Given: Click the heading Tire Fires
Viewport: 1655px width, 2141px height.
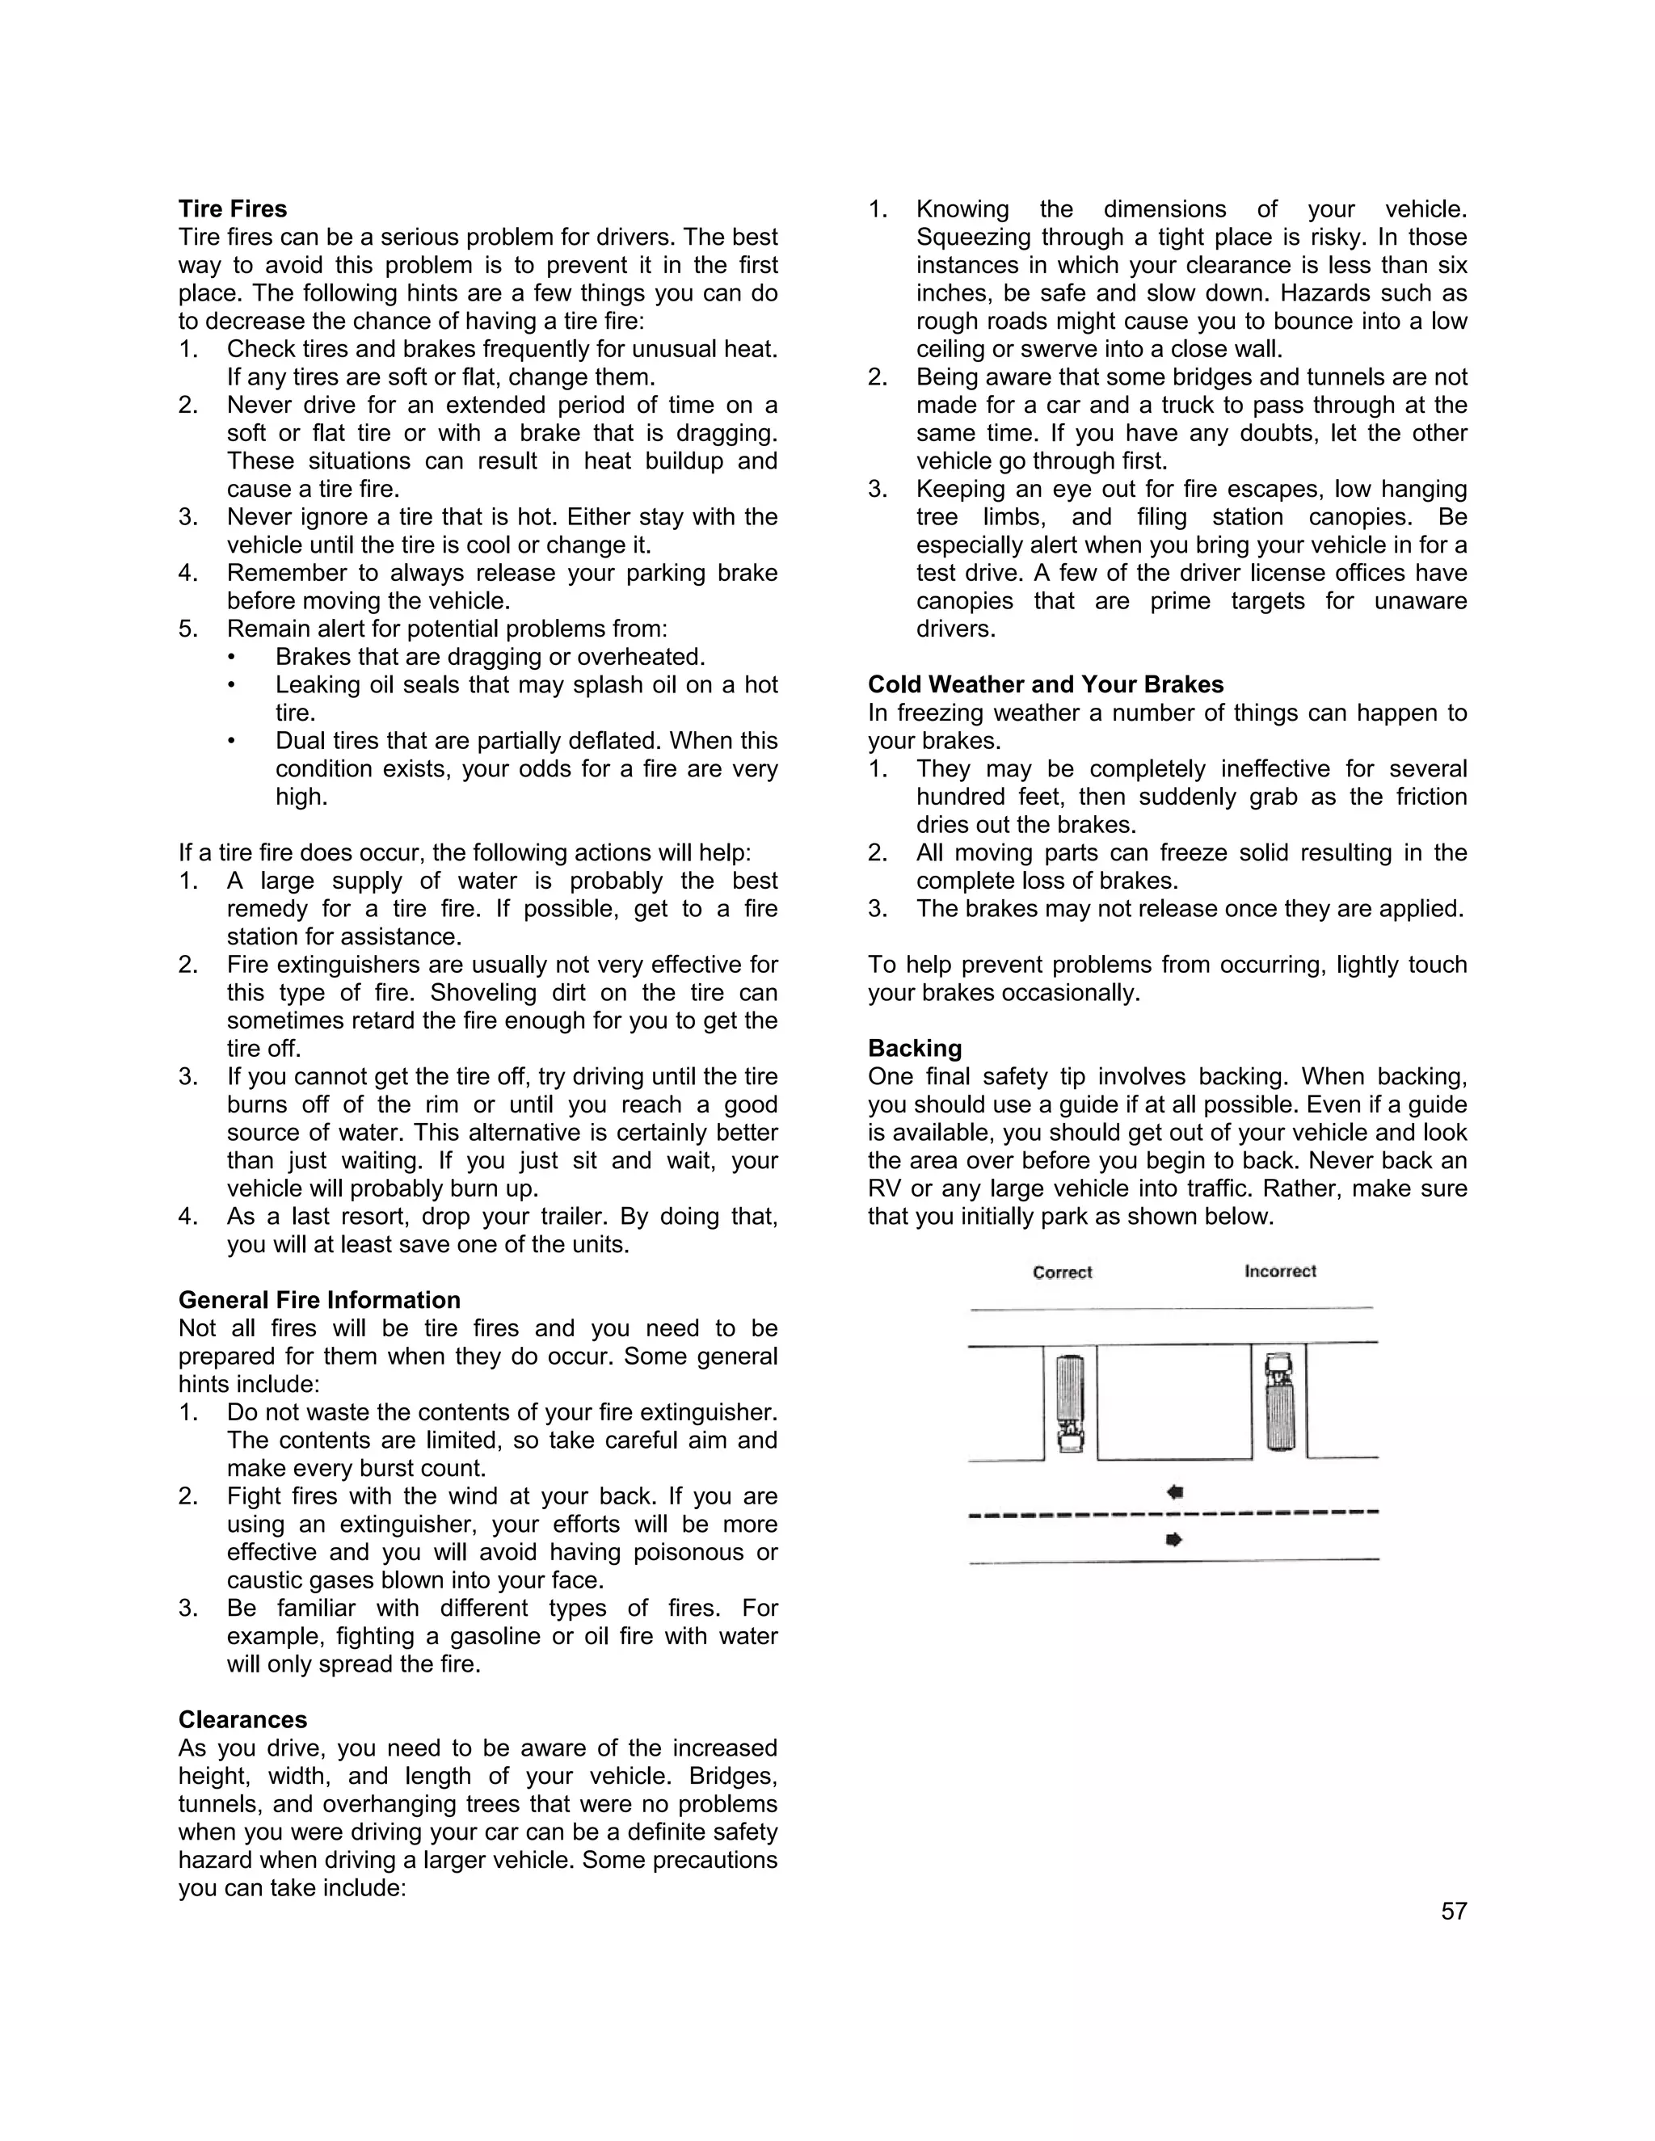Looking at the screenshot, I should [x=233, y=208].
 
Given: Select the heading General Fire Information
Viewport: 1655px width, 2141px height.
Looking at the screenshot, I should [x=318, y=1300].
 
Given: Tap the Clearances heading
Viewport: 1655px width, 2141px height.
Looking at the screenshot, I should [x=242, y=1719].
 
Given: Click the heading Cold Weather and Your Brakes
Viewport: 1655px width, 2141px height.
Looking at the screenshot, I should [x=1045, y=684].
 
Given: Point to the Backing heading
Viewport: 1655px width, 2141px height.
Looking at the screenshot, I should [x=914, y=1048].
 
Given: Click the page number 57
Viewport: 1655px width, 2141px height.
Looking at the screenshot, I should [x=1453, y=1912].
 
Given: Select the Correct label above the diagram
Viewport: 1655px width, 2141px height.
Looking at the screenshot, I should [x=1062, y=1272].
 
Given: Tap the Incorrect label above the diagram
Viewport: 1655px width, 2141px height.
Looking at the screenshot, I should [x=1279, y=1272].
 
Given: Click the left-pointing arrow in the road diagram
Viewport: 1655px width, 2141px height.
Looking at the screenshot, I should [x=1174, y=1492].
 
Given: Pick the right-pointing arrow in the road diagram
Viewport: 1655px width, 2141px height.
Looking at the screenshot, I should [x=1173, y=1539].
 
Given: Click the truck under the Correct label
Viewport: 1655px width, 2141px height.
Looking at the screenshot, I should [x=1070, y=1403].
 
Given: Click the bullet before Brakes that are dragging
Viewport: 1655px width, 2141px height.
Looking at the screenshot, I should [x=231, y=657].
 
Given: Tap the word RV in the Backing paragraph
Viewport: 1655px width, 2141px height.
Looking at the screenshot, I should [x=883, y=1189].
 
